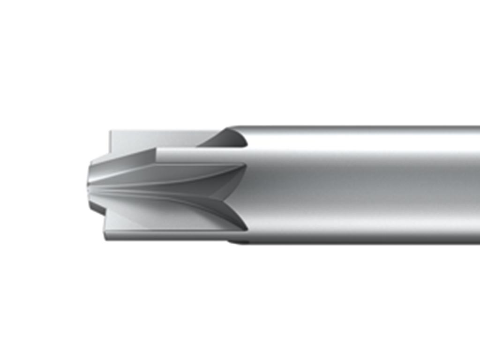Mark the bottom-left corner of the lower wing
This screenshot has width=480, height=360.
click(x=105, y=239)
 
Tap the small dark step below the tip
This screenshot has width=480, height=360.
click(x=96, y=209)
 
